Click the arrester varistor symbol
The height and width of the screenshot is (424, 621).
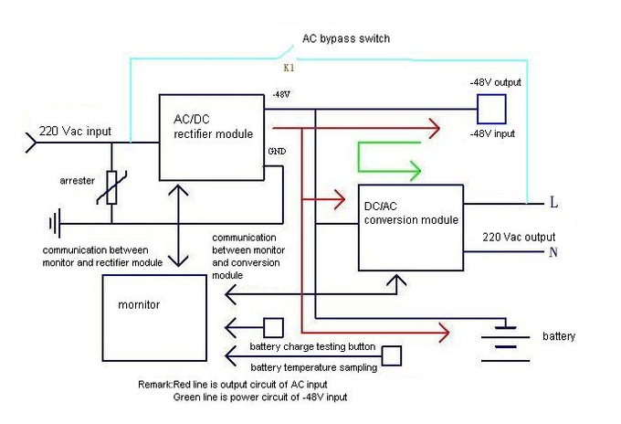112,189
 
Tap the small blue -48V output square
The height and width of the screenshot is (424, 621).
492,110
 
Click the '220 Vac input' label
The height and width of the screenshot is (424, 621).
75,132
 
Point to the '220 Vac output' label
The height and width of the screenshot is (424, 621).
517,236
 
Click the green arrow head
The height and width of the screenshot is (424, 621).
415,171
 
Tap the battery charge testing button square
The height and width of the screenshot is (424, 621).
272,327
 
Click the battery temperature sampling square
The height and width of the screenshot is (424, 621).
392,355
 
